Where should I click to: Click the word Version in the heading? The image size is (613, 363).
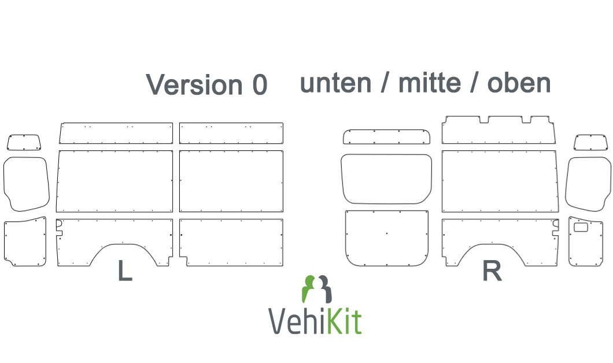(194, 84)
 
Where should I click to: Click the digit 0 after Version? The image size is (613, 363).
(260, 85)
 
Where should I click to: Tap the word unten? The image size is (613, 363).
(335, 83)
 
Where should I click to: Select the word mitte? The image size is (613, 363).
(430, 83)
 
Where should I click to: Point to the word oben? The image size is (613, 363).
(519, 83)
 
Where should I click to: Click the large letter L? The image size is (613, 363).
(125, 271)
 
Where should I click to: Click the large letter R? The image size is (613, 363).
(492, 271)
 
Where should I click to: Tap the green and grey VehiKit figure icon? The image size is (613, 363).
(317, 289)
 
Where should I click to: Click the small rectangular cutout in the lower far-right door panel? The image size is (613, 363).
(581, 227)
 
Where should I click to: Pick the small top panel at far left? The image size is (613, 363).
(24, 142)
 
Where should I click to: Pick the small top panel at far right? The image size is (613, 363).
(590, 142)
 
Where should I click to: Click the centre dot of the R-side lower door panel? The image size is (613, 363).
(387, 234)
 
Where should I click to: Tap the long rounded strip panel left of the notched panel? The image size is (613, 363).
(387, 137)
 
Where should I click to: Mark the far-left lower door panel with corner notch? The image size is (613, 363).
(25, 242)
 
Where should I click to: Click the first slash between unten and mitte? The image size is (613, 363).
(385, 83)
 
